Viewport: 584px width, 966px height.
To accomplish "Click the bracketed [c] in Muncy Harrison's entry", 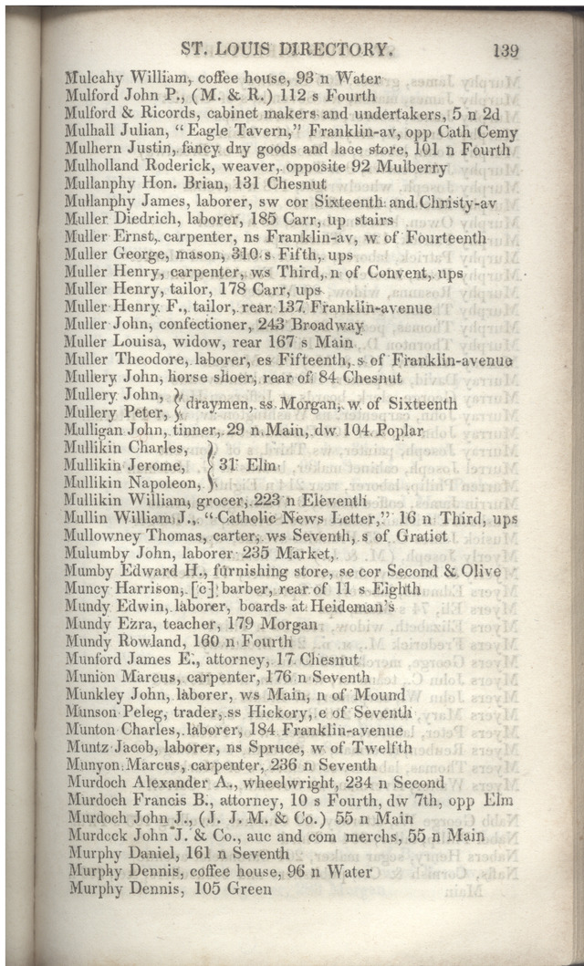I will [x=201, y=589].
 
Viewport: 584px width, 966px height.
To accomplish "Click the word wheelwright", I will [x=275, y=783].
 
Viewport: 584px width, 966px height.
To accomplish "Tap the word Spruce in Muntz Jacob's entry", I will [x=290, y=748].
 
